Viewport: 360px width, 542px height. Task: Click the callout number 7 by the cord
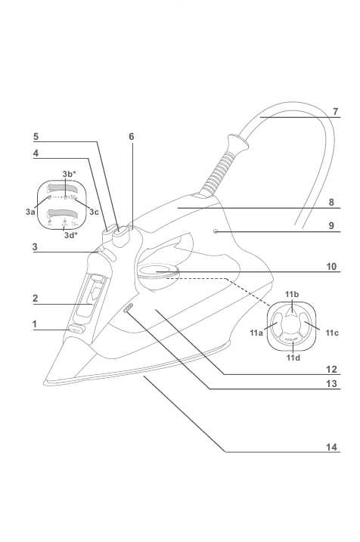(x=335, y=112)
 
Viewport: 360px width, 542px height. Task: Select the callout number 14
(x=331, y=447)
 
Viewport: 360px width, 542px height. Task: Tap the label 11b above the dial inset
(x=292, y=294)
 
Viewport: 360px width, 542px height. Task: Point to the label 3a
(x=30, y=212)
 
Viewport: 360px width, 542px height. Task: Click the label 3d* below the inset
(x=70, y=236)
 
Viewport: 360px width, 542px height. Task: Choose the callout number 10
(x=331, y=267)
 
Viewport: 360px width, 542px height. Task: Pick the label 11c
(x=332, y=333)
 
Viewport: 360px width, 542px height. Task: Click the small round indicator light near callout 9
(x=216, y=231)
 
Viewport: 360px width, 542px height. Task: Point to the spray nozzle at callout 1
(x=76, y=330)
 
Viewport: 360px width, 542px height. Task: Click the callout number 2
(x=36, y=298)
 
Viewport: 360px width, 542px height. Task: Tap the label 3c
(x=94, y=212)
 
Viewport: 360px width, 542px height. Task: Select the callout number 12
(x=331, y=369)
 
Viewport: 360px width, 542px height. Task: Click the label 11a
(x=256, y=333)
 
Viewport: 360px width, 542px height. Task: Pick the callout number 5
(x=36, y=137)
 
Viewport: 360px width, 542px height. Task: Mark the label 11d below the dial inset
(x=293, y=358)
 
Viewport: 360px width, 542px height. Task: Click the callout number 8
(x=331, y=202)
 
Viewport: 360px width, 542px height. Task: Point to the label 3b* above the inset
(x=69, y=174)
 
